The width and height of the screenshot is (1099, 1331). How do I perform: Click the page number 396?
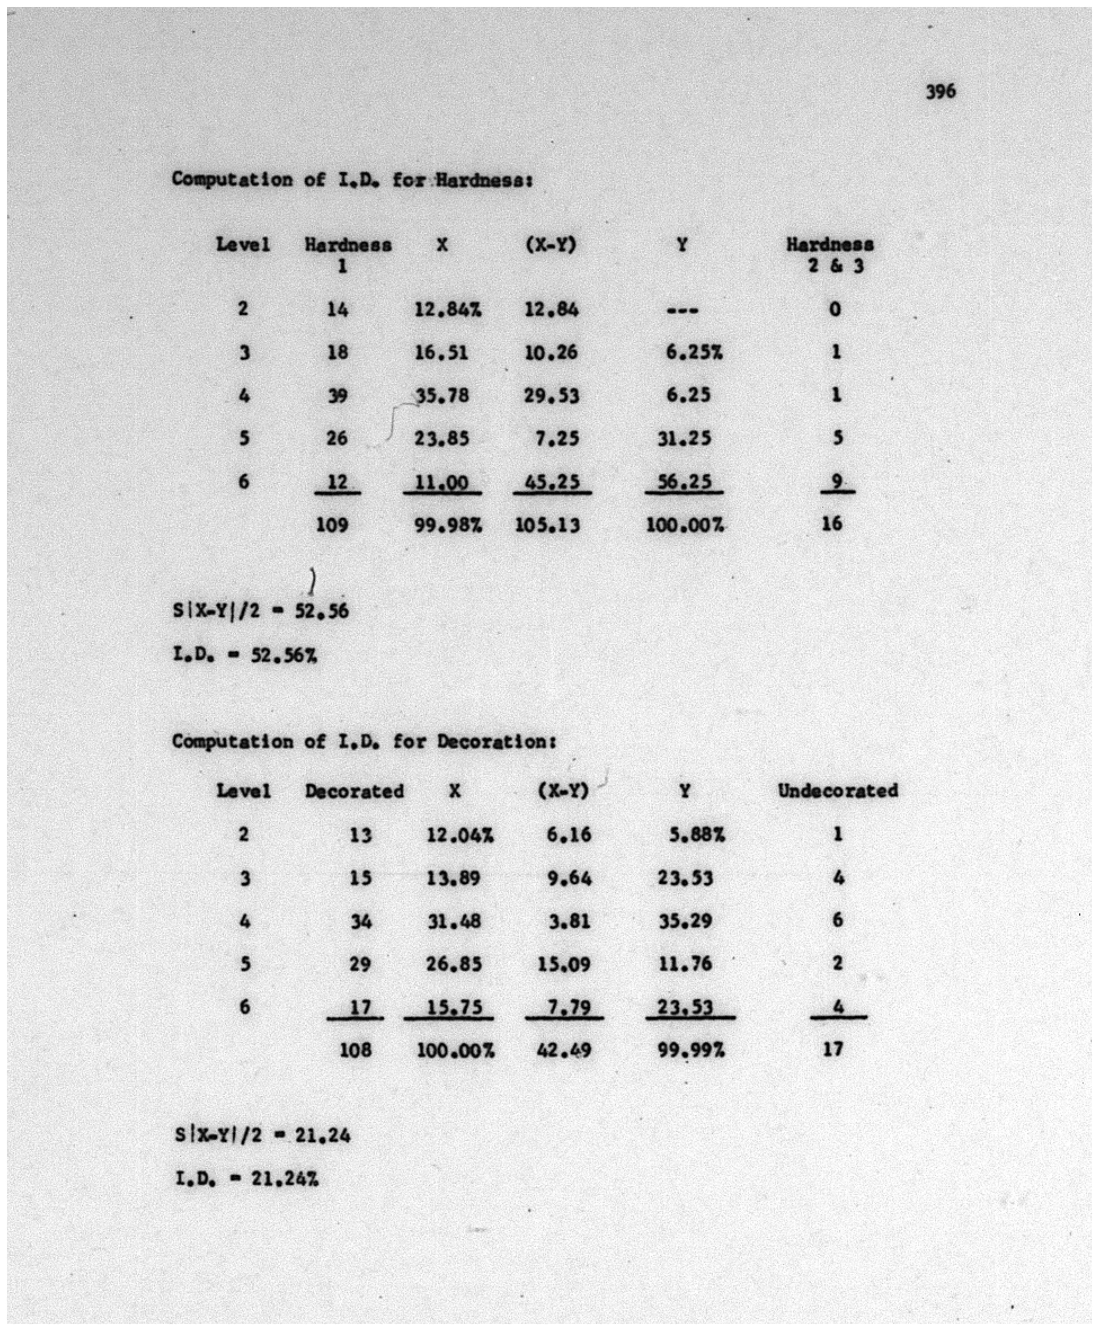tap(941, 92)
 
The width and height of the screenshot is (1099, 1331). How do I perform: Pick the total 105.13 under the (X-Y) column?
tap(548, 525)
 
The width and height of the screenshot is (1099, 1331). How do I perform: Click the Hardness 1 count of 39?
tap(337, 396)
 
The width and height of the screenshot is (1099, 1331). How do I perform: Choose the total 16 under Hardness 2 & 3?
tap(832, 523)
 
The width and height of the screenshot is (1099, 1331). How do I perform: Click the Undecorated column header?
tap(838, 791)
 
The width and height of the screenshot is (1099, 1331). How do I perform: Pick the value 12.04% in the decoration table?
tap(459, 835)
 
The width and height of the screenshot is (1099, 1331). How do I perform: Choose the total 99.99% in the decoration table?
tap(690, 1050)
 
